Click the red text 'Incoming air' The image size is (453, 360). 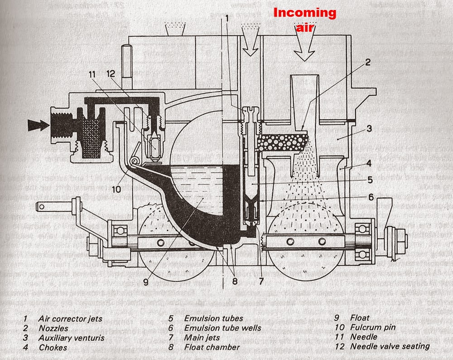[304, 19]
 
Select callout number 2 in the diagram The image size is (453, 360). [367, 63]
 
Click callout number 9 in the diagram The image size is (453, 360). [146, 281]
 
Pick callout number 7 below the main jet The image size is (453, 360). [261, 280]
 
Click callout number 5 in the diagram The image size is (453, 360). [370, 180]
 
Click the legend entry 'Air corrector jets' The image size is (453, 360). [70, 319]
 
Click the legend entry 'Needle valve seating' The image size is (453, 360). [390, 346]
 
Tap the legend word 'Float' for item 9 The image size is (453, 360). [360, 318]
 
